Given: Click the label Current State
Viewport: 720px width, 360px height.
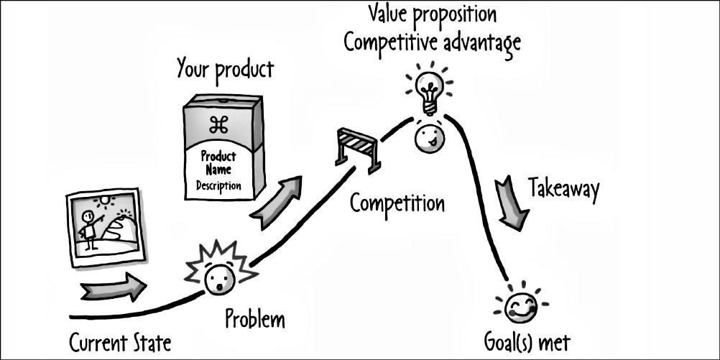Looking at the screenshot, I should point(120,342).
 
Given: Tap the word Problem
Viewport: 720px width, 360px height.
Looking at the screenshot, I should point(254,318).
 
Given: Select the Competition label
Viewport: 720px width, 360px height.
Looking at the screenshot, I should point(397,203).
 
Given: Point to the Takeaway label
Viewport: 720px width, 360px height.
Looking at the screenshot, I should point(563,188).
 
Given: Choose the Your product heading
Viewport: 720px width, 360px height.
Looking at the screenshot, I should point(225,70).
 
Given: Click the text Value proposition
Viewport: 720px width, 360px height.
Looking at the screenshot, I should point(431,14).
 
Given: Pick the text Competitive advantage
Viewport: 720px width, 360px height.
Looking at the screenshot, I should point(431,42).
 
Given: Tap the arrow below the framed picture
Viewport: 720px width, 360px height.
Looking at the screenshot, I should point(114,288).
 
